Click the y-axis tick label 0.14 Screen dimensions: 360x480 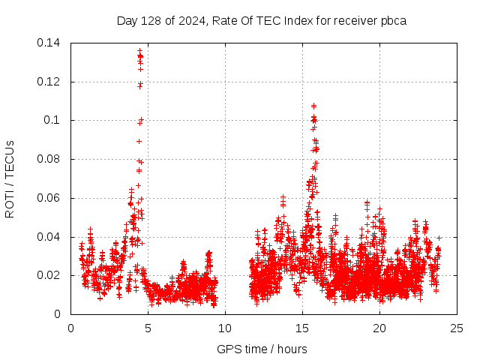pyautogui.click(x=51, y=43)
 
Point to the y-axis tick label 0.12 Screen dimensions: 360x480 pyautogui.click(x=51, y=82)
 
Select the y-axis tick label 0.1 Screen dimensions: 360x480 pyautogui.click(x=54, y=120)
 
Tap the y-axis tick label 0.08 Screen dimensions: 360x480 pyautogui.click(x=51, y=159)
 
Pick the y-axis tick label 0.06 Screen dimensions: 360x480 pyautogui.click(x=51, y=198)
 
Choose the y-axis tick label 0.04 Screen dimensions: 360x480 pyautogui.click(x=51, y=237)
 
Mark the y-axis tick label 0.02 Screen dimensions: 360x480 pyautogui.click(x=51, y=275)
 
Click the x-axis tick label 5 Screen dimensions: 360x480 pyautogui.click(x=148, y=328)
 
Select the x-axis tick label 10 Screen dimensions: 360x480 pyautogui.click(x=225, y=328)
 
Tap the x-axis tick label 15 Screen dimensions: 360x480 pyautogui.click(x=302, y=328)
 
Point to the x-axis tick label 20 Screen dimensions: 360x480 pyautogui.click(x=379, y=328)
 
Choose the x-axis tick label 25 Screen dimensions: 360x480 pyautogui.click(x=457, y=328)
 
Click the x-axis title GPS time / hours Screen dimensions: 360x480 pyautogui.click(x=262, y=349)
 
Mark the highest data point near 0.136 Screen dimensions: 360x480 pyautogui.click(x=139, y=50)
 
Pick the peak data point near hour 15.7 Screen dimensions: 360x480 pyautogui.click(x=313, y=106)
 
